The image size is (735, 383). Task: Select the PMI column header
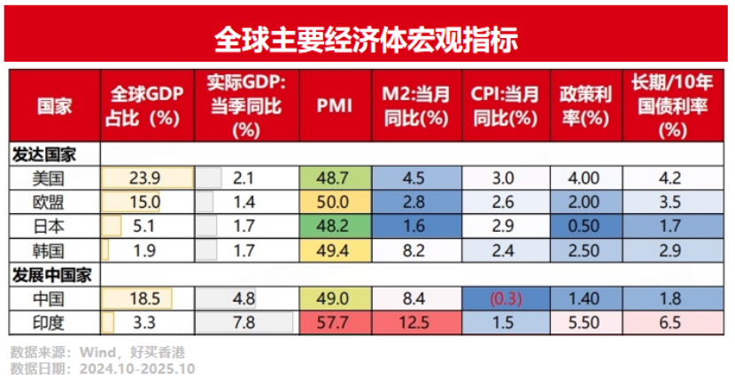tap(334, 106)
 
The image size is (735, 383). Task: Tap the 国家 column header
tap(55, 106)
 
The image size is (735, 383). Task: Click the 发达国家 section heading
tap(43, 154)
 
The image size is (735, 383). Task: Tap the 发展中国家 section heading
tap(51, 274)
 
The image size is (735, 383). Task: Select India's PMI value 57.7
tap(334, 322)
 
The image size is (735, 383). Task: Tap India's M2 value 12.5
tap(416, 322)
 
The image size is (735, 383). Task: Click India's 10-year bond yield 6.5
tap(672, 322)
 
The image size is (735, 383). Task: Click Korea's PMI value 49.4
tap(334, 249)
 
